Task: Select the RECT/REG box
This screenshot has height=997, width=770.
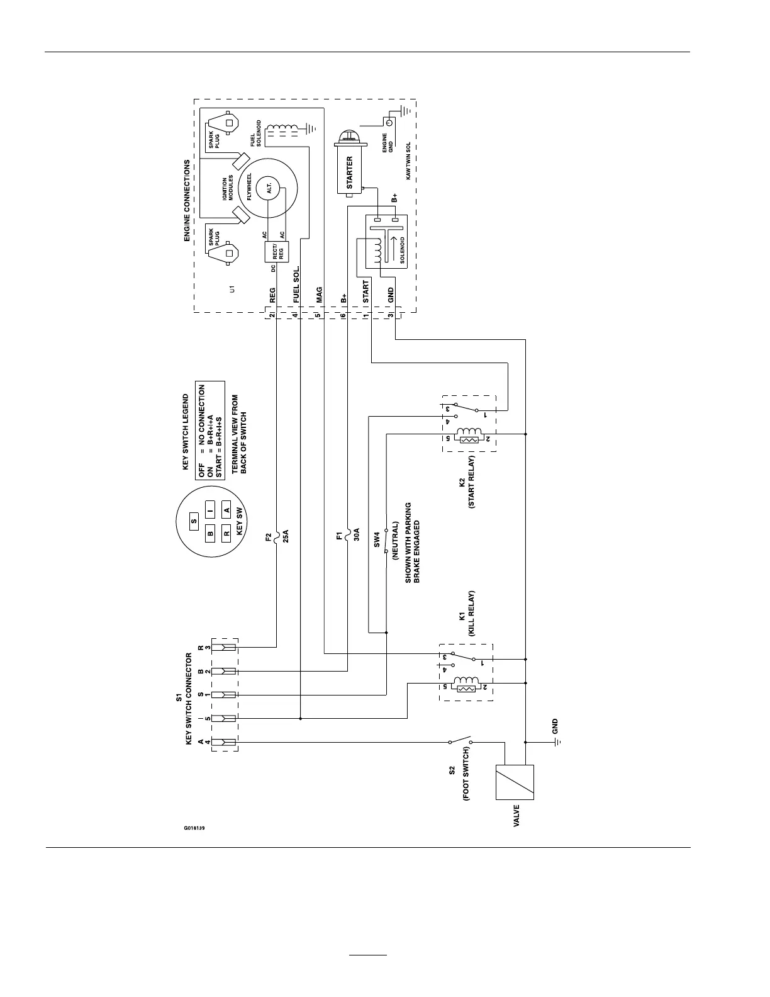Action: tap(277, 252)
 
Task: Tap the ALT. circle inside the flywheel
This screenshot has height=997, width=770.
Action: tap(269, 188)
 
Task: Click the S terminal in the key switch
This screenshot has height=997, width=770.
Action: tap(194, 521)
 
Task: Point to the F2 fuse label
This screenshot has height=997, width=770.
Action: tap(269, 538)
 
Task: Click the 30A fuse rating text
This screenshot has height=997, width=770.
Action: tap(356, 536)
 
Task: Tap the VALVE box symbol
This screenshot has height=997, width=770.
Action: tap(515, 782)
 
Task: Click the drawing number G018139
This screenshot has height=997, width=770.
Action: tap(194, 828)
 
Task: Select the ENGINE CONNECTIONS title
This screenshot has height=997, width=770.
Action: tap(187, 201)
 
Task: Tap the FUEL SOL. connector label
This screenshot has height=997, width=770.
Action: tap(296, 286)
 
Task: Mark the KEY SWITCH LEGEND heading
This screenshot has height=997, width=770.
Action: tap(186, 432)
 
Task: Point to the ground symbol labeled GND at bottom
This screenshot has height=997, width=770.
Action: tap(555, 742)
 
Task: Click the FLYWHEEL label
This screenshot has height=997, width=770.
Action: tap(249, 187)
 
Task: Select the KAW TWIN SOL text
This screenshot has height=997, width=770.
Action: tap(408, 161)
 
